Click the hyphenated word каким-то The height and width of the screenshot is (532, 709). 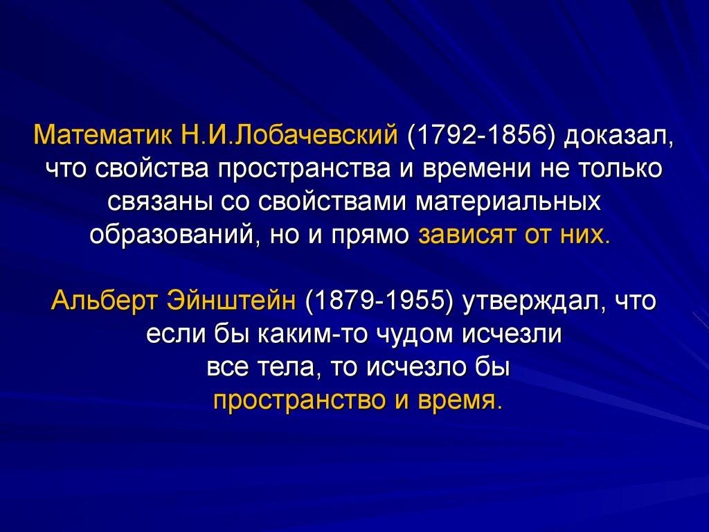298,335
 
